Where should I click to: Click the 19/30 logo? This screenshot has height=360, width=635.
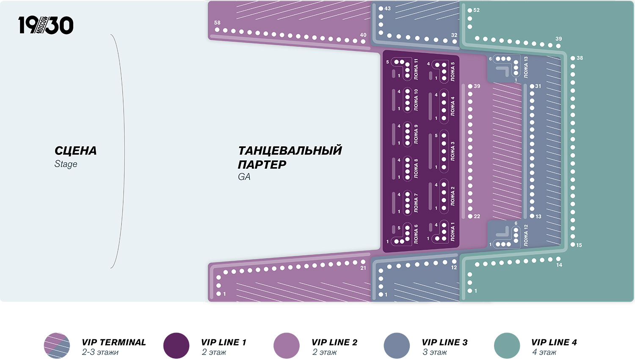pos(46,25)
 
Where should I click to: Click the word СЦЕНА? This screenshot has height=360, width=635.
pos(75,151)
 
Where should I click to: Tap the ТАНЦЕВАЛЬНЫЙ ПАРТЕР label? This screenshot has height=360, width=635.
pos(290,157)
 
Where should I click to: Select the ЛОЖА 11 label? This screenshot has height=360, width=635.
pos(416,69)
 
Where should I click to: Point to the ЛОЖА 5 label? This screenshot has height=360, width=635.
pos(453,71)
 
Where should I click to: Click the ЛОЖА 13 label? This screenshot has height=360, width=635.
pos(526,67)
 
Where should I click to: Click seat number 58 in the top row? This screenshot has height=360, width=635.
pos(217,23)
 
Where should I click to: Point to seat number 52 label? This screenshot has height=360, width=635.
pos(477,10)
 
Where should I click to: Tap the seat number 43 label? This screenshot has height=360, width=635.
pos(387,8)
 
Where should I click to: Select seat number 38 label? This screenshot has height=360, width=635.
pos(580,58)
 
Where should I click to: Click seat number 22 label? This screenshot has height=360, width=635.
pos(477,216)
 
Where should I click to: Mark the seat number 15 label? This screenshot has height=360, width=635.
pos(579,245)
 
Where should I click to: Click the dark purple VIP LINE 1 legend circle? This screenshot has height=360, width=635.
pos(176,346)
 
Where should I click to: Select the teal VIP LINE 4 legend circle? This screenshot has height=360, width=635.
pos(507,346)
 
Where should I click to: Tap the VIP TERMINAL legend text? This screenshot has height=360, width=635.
pos(113,343)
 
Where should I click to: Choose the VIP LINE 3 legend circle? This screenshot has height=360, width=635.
pos(397,346)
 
